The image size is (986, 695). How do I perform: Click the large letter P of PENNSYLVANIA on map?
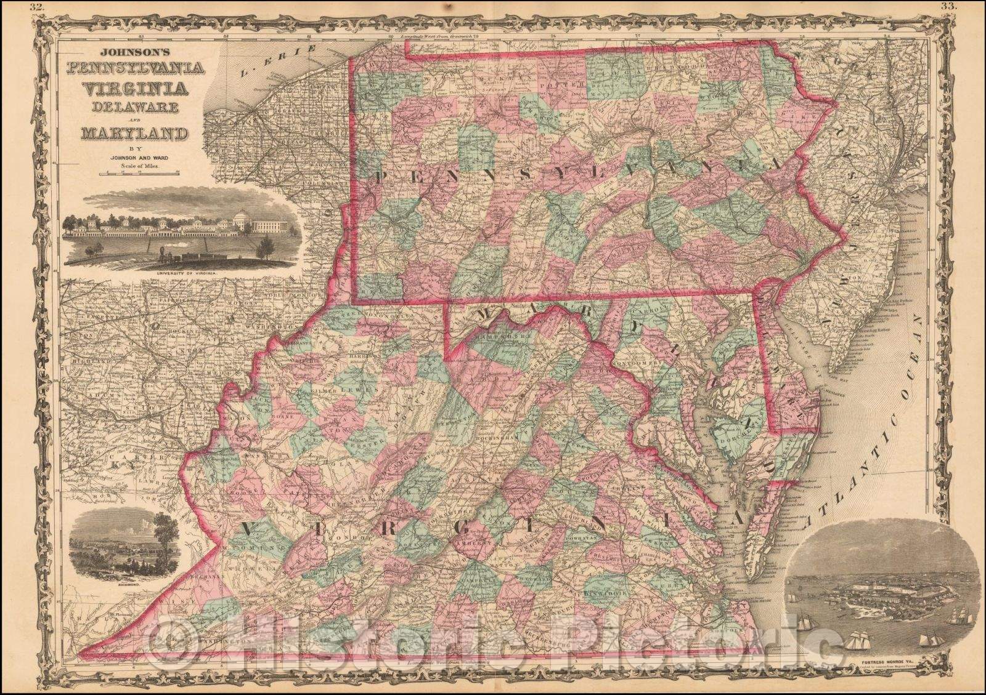tap(381, 179)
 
